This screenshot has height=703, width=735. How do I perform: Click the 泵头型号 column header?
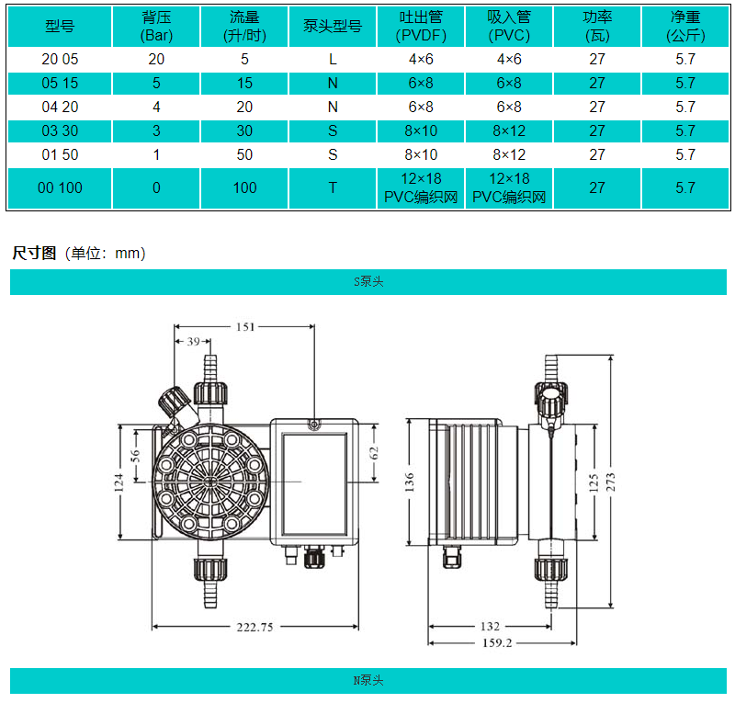click(333, 27)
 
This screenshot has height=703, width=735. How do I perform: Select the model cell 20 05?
click(60, 59)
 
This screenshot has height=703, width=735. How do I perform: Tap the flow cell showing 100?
click(244, 187)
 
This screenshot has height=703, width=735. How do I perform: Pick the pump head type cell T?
click(333, 187)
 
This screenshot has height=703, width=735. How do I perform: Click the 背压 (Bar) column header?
click(156, 27)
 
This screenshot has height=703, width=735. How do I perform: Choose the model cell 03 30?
click(60, 130)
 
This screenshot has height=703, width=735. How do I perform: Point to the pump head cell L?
click(333, 59)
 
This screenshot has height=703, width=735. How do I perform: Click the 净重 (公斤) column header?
click(685, 27)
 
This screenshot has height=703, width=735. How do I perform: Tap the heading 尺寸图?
click(34, 254)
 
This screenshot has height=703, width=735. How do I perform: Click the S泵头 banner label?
click(368, 281)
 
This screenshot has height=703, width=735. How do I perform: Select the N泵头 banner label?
click(368, 680)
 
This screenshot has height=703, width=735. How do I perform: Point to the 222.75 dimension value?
click(255, 627)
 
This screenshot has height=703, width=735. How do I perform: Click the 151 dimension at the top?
click(245, 327)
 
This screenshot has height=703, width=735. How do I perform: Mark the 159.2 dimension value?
click(497, 642)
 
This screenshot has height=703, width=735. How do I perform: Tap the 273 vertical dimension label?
click(610, 482)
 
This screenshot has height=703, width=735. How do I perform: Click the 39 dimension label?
click(193, 342)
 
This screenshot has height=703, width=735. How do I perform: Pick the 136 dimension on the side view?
click(409, 482)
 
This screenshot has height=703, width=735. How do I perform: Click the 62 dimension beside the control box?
click(373, 453)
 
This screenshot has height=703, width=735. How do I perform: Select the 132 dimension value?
click(490, 626)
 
